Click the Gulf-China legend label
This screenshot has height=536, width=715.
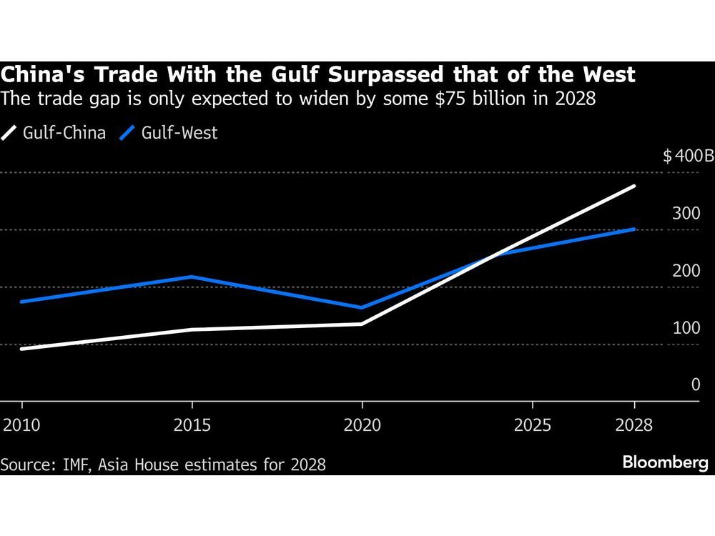click(64, 133)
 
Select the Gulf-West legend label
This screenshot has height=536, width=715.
click(179, 133)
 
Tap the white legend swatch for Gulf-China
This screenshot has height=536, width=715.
click(9, 133)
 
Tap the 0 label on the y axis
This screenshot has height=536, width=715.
click(696, 385)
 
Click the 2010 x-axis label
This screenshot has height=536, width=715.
click(21, 425)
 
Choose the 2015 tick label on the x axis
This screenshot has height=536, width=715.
click(192, 425)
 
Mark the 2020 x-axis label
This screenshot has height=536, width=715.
click(363, 425)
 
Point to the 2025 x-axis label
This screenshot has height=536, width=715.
click(533, 425)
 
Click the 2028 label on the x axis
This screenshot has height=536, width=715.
click(634, 425)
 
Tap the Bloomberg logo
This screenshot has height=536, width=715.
click(665, 462)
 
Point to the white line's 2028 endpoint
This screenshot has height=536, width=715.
click(634, 187)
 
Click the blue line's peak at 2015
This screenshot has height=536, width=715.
click(192, 277)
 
